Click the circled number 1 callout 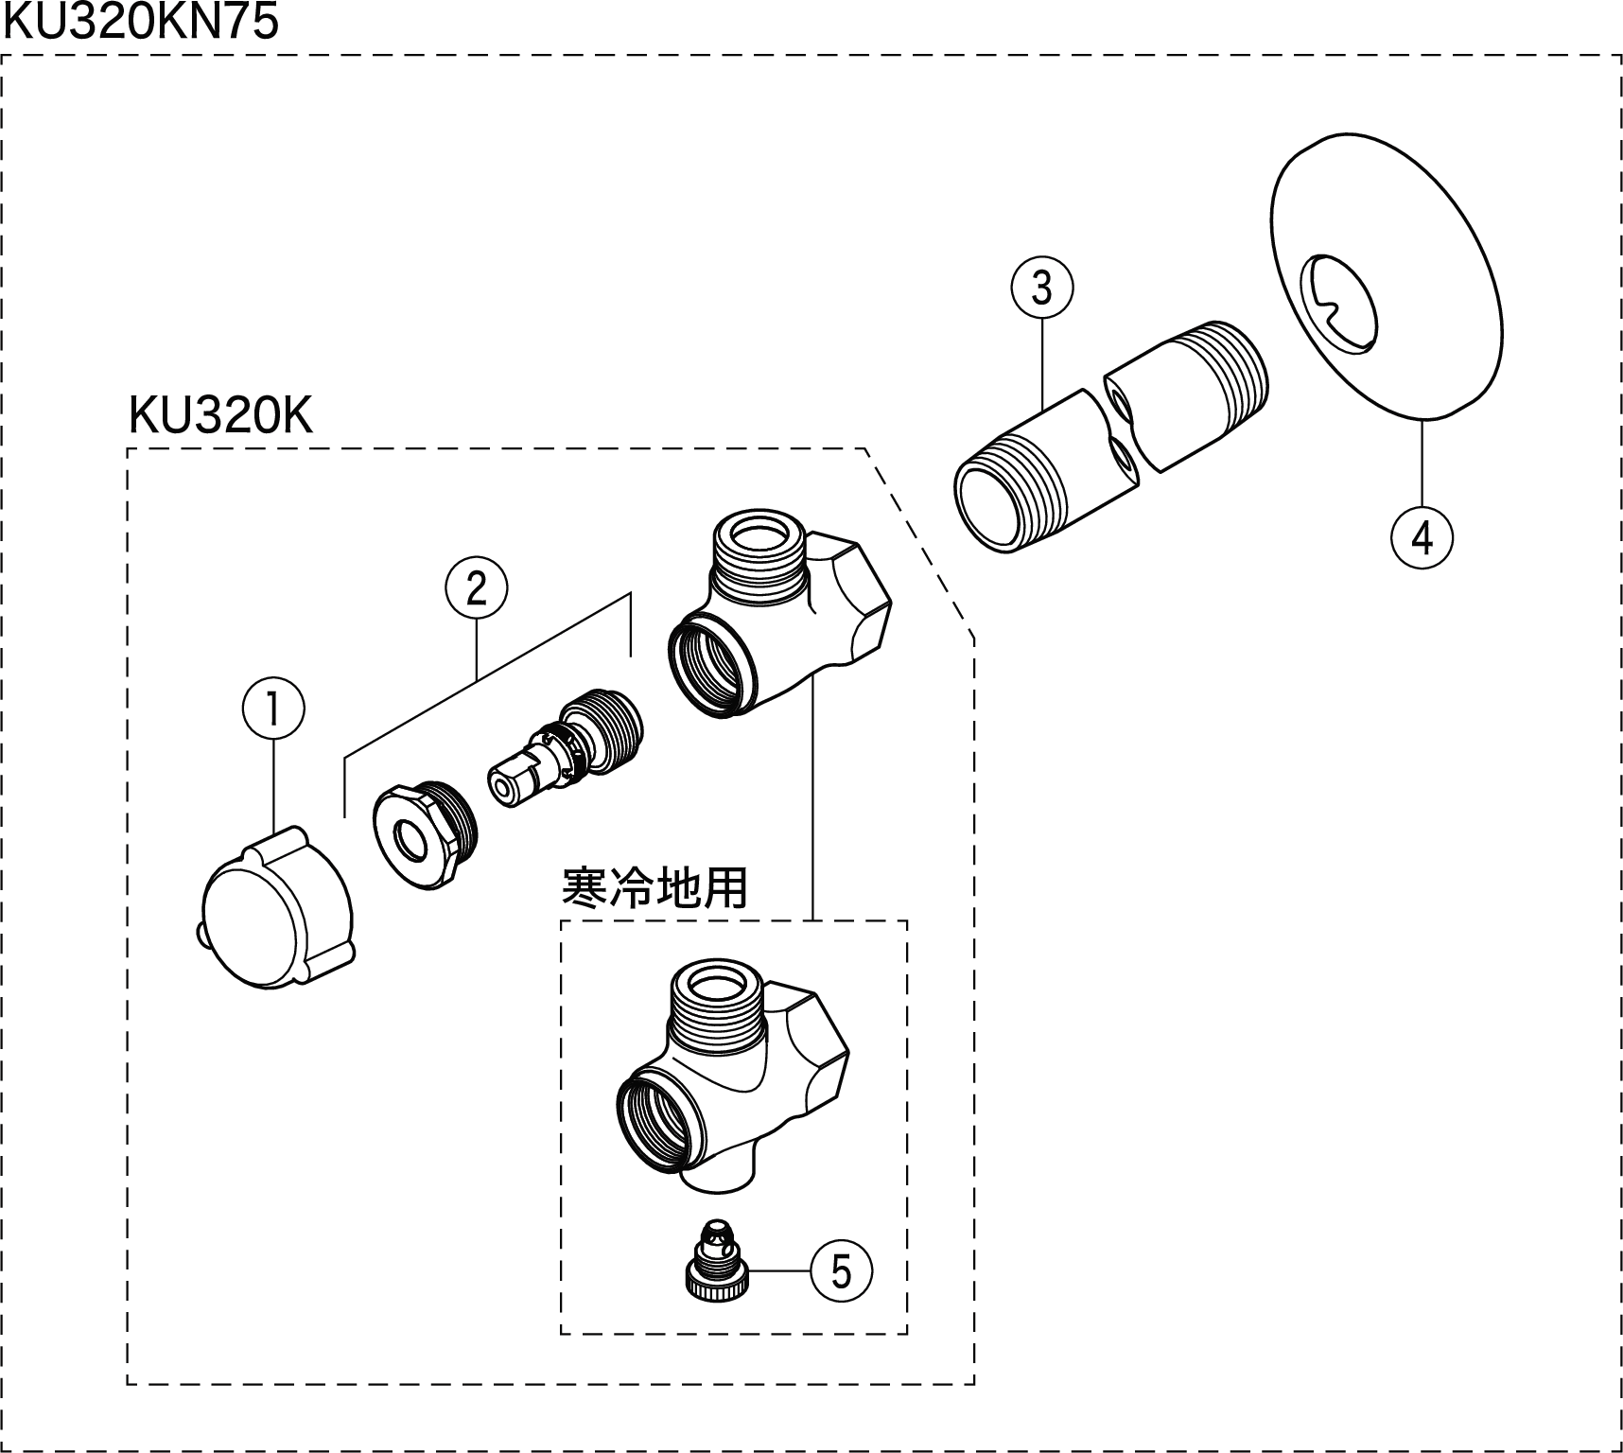[x=273, y=709]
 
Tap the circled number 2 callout [x=476, y=588]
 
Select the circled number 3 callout [x=1041, y=288]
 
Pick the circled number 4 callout [x=1422, y=537]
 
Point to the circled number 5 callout [x=841, y=1271]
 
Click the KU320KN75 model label [x=142, y=21]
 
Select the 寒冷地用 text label [x=654, y=887]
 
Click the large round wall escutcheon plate [x=1387, y=284]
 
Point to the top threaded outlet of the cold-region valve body [x=715, y=1003]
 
